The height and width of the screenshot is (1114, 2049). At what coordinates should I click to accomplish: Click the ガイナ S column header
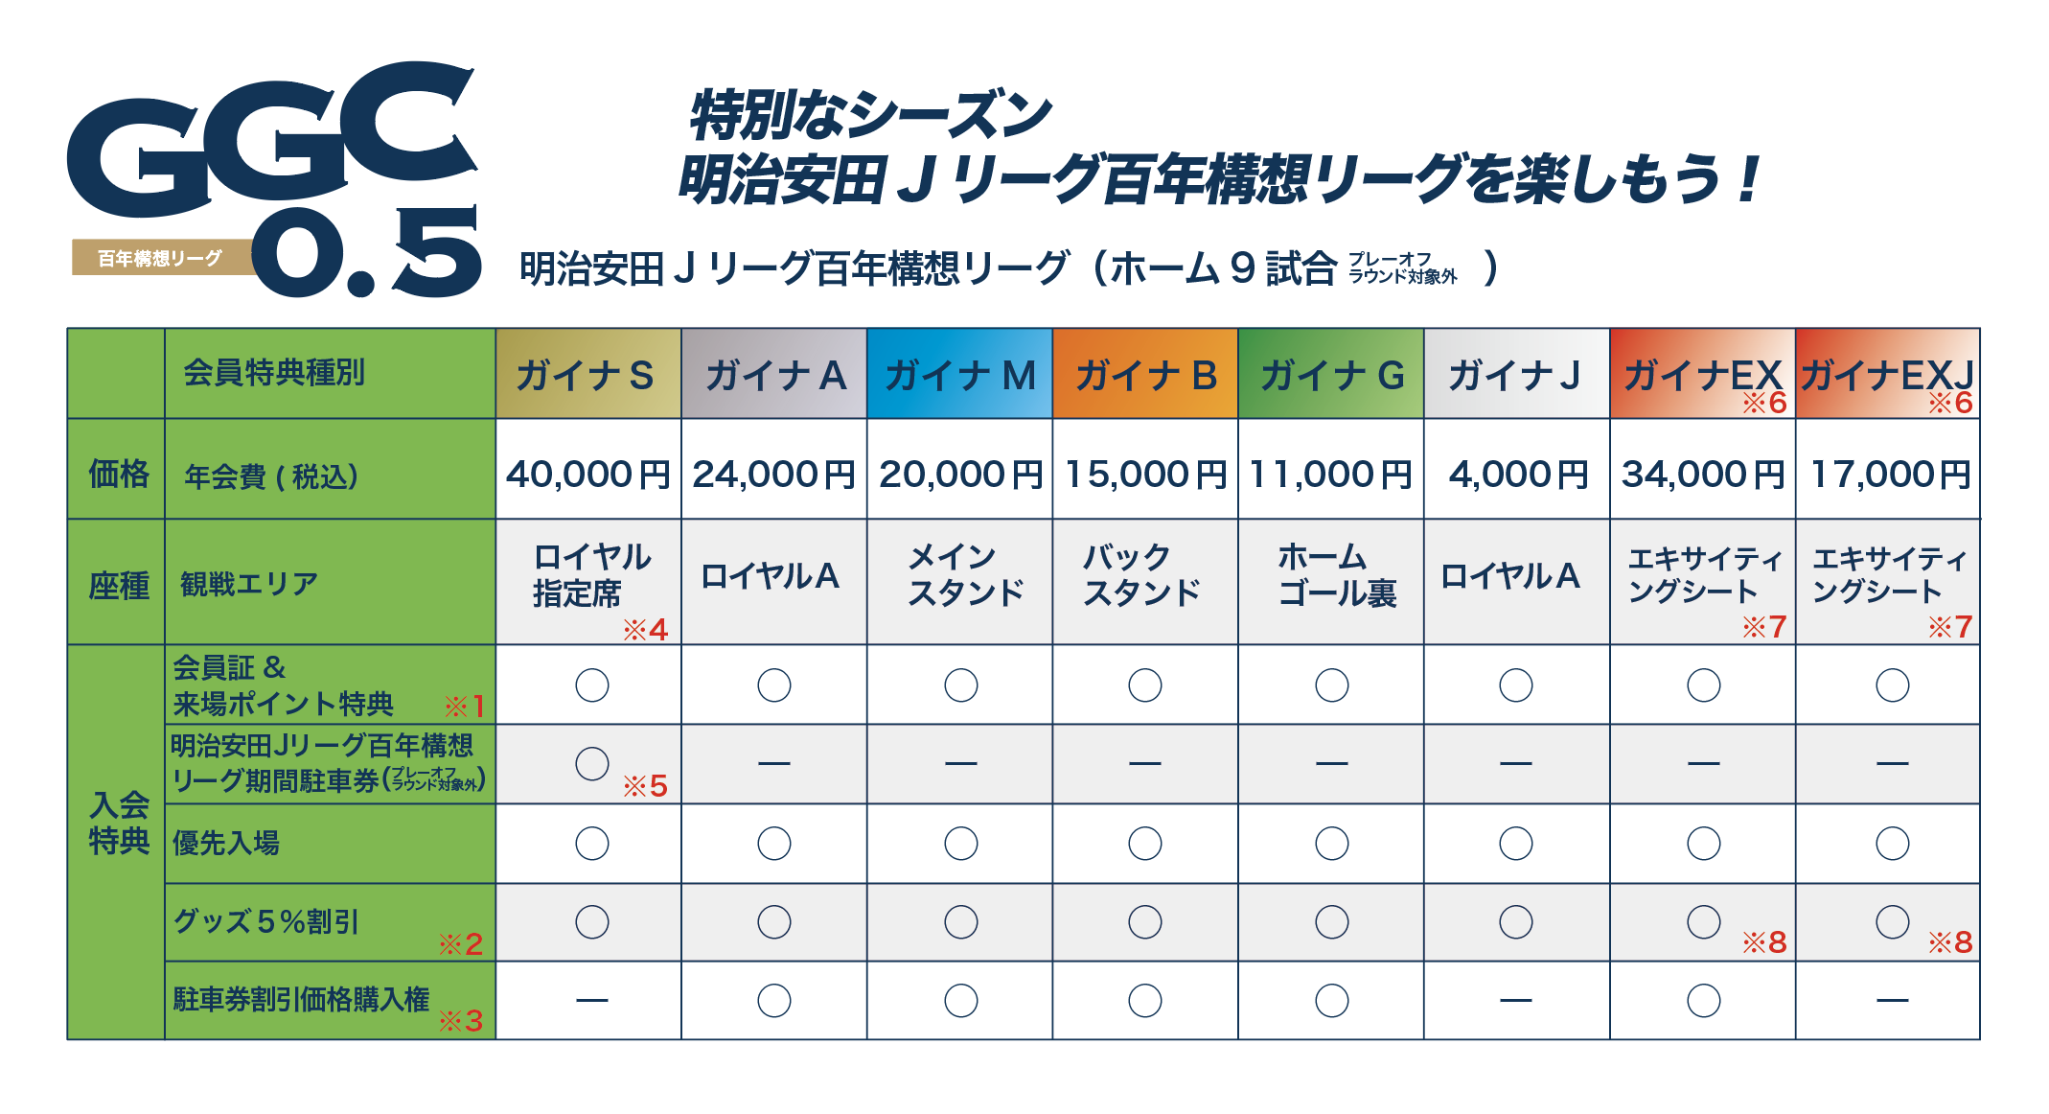[587, 375]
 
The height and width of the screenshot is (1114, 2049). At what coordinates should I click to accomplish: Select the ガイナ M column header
[959, 375]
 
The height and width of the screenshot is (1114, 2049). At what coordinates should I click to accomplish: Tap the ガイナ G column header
[1331, 375]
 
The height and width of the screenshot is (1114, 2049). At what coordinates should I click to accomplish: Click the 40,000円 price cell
[587, 474]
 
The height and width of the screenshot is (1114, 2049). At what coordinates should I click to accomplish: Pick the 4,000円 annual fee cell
[1517, 474]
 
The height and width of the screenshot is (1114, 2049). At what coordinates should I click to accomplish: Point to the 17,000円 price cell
[1889, 474]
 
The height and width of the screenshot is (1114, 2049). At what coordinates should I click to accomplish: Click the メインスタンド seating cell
[964, 575]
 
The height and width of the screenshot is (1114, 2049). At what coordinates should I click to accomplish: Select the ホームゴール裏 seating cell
[1336, 575]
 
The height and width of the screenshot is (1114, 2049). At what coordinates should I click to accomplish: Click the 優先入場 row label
[226, 844]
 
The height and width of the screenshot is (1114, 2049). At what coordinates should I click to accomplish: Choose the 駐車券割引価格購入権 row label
[301, 1000]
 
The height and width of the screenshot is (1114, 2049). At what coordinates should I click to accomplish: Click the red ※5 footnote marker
[645, 787]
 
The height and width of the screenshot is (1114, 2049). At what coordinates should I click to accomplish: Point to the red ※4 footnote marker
[645, 630]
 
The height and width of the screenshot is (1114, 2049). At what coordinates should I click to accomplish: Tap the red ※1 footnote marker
[465, 708]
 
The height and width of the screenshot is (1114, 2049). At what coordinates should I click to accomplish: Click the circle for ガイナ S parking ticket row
[592, 764]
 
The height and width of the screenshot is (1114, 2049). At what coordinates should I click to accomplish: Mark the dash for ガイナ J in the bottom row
[1516, 1001]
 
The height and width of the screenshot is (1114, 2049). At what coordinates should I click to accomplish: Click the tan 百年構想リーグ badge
[160, 258]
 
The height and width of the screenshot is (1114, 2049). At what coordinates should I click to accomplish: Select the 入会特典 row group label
[119, 823]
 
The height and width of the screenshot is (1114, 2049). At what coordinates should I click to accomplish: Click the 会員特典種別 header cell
[274, 373]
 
